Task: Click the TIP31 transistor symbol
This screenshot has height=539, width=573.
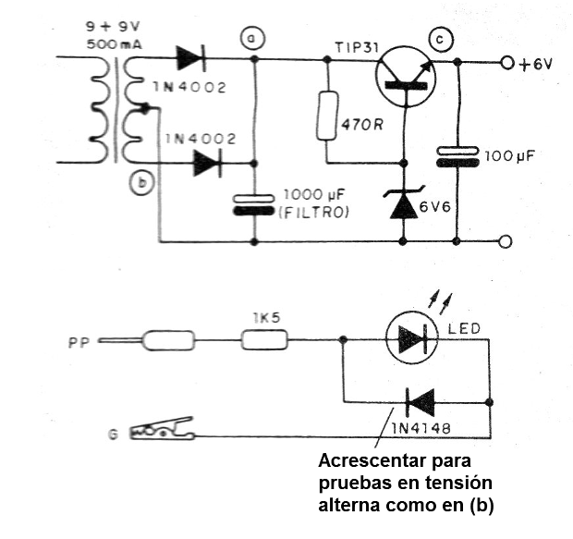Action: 406,77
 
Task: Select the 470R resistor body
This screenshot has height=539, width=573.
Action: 326,116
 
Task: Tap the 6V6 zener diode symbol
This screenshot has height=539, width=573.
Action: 404,203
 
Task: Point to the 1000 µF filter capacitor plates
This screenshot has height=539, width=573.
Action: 254,204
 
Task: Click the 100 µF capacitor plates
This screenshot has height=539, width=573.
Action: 457,157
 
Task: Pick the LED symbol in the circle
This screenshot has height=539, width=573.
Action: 412,337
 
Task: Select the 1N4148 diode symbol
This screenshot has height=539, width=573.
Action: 421,402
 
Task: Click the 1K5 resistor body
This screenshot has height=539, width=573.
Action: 264,339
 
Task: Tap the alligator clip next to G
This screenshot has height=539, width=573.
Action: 162,429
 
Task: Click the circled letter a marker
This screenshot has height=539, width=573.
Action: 252,39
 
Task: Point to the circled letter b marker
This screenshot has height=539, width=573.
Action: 141,183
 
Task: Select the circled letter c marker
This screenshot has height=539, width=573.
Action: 440,39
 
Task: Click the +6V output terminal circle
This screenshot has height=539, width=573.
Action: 507,64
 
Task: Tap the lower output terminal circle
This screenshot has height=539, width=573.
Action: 506,241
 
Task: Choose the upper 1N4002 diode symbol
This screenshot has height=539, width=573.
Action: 191,58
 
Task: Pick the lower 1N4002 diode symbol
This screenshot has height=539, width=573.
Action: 208,163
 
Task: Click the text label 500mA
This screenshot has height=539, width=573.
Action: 115,44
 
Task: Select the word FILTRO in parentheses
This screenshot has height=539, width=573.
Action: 314,213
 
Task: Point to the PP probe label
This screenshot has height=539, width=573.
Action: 79,343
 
